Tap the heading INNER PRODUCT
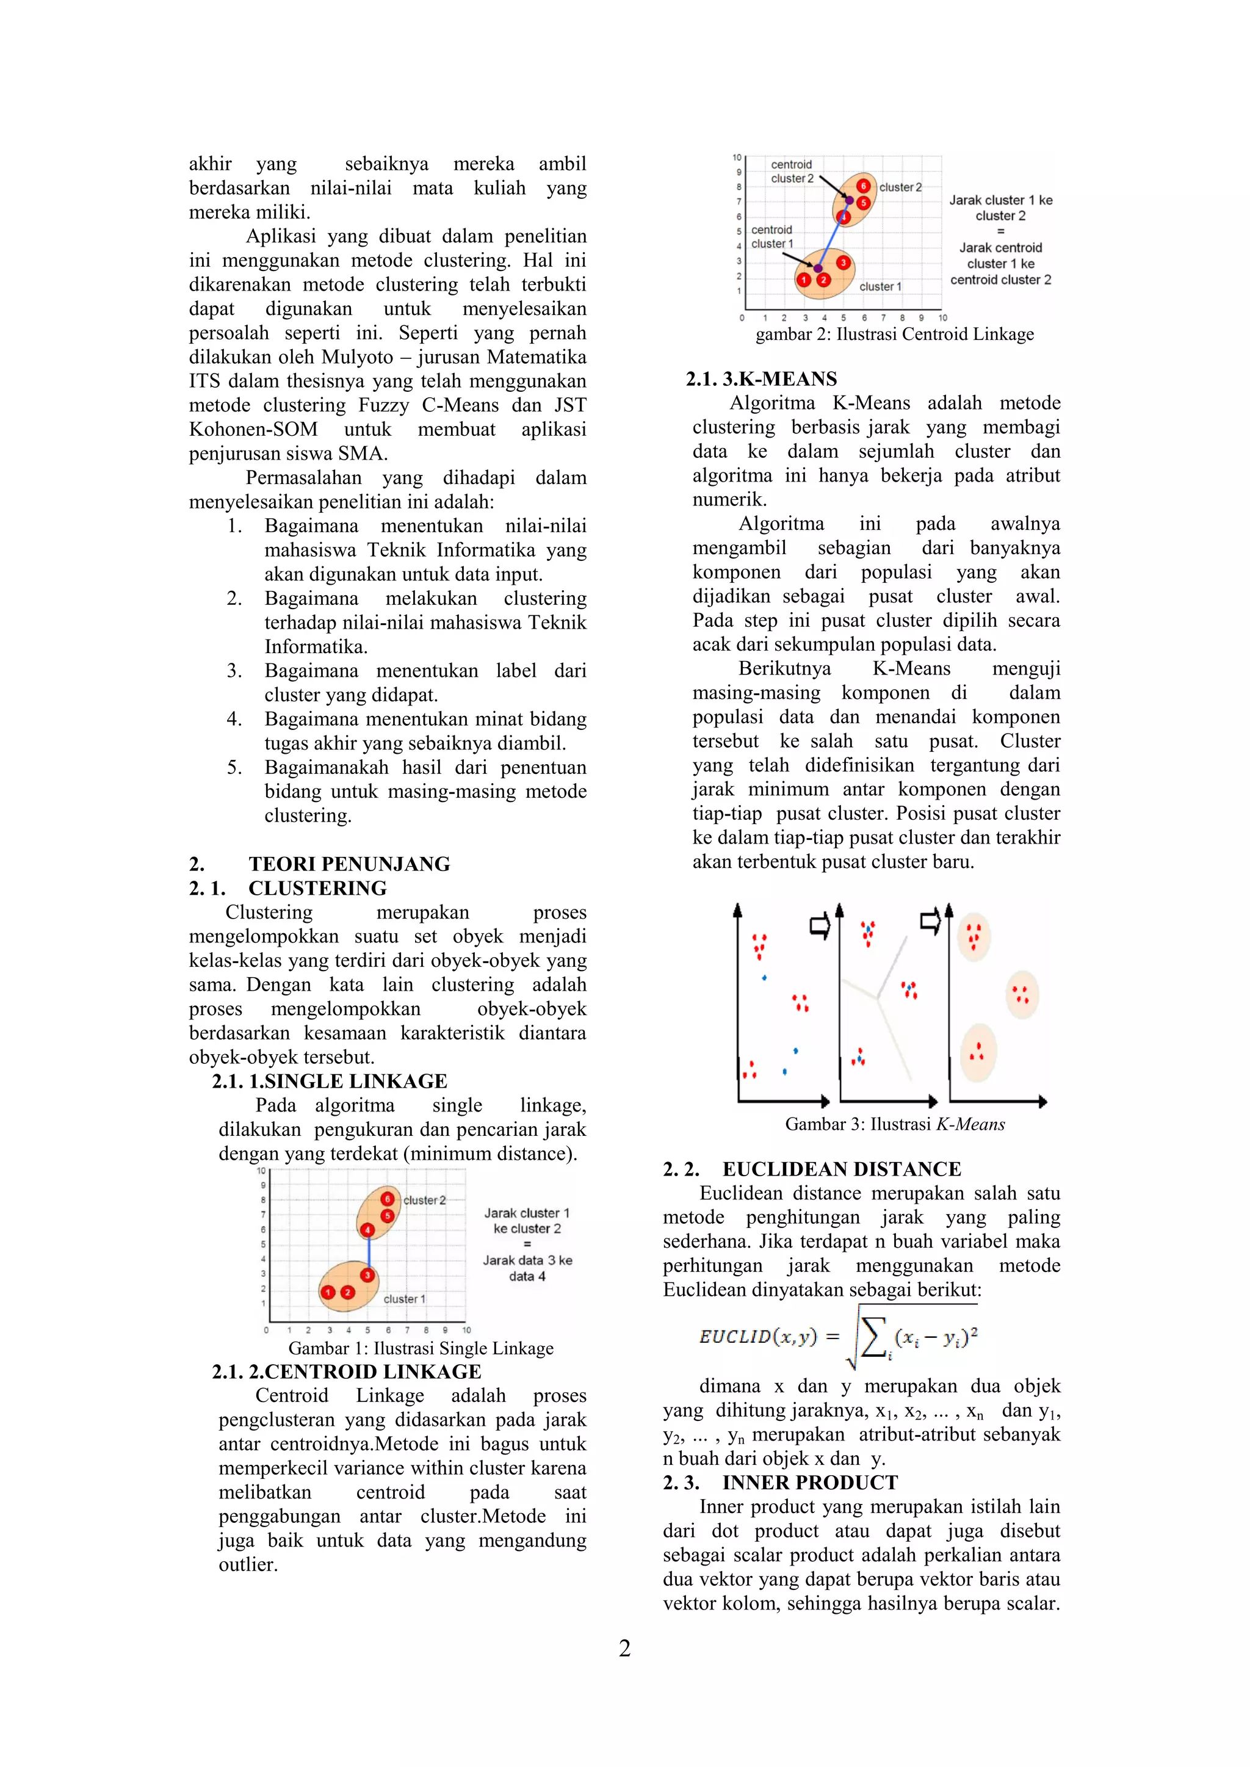pyautogui.click(x=810, y=1482)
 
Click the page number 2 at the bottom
pyautogui.click(x=624, y=1649)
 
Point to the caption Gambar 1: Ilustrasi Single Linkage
pyautogui.click(x=421, y=1348)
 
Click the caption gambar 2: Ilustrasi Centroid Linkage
pyautogui.click(x=894, y=334)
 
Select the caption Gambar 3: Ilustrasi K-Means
pyautogui.click(x=894, y=1124)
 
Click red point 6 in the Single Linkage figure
pyautogui.click(x=388, y=1199)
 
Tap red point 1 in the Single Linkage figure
pyautogui.click(x=328, y=1292)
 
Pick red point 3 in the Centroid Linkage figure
pyautogui.click(x=843, y=263)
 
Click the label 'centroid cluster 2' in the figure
pyautogui.click(x=792, y=171)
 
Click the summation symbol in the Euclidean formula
pyautogui.click(x=872, y=1337)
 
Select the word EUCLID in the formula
pyautogui.click(x=734, y=1337)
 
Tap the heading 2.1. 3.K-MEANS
pyautogui.click(x=761, y=378)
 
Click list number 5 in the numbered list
pyautogui.click(x=234, y=767)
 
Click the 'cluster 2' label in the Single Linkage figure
pyautogui.click(x=424, y=1200)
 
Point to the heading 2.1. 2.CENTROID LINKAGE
pyautogui.click(x=346, y=1371)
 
